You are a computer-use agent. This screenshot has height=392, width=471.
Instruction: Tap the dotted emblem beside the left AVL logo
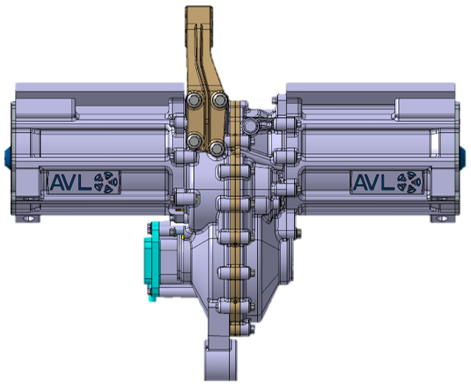pos(106,182)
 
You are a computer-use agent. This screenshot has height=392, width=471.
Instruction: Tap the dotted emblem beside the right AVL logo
pos(409,182)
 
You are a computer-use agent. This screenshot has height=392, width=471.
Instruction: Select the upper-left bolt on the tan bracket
pos(195,99)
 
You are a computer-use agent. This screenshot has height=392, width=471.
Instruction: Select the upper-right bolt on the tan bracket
pos(219,99)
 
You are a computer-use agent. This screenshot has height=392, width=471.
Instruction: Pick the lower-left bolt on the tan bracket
pos(194,140)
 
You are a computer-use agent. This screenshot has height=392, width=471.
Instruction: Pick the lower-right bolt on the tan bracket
pos(217,148)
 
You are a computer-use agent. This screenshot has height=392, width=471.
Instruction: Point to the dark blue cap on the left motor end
pos(7,156)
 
